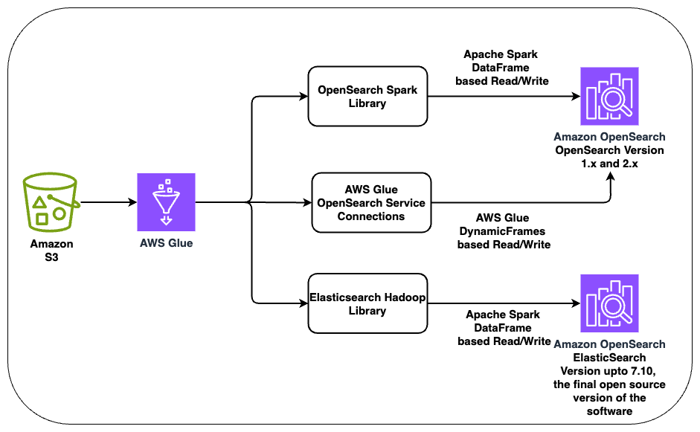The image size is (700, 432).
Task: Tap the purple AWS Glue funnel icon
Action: [x=166, y=202]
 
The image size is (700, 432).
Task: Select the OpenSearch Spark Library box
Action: [x=367, y=97]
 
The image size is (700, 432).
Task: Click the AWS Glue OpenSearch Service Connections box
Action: [x=371, y=202]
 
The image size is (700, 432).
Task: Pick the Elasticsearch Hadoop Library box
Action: [x=367, y=303]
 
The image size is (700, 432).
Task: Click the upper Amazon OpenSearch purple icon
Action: [x=609, y=97]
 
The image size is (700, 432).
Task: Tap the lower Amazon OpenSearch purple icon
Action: [x=609, y=303]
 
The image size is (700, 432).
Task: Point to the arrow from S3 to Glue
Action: [x=108, y=202]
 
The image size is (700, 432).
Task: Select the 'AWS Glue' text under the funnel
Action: [x=166, y=242]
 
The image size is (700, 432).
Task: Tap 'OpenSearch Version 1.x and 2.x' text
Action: [x=609, y=156]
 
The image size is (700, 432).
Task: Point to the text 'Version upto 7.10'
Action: [x=609, y=371]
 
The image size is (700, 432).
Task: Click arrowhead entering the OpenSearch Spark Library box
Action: [x=304, y=97]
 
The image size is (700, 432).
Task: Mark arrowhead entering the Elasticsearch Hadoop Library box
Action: [x=304, y=303]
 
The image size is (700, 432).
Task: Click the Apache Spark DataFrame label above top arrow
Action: [x=506, y=67]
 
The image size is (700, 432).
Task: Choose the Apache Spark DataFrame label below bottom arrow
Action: [x=506, y=328]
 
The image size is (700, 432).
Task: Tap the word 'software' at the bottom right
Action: [x=609, y=410]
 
